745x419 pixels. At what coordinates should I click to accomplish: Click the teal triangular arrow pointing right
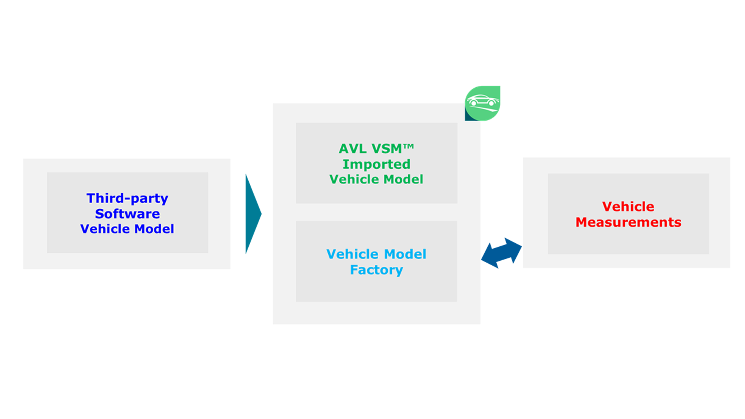pos(253,214)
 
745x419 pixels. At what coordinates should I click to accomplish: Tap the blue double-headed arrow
pos(501,253)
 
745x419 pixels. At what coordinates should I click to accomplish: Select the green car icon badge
pos(483,104)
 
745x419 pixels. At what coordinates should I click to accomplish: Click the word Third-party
pos(127,198)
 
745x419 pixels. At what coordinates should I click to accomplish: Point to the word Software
pos(127,214)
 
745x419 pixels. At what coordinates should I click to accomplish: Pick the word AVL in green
pos(352,149)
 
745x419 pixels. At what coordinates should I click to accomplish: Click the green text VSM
pos(386,149)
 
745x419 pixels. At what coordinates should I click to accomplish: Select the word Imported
pos(376,164)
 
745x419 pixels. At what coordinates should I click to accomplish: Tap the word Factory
pos(376,270)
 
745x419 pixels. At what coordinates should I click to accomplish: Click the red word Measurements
pos(628,222)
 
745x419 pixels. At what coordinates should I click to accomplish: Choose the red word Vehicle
pos(628,206)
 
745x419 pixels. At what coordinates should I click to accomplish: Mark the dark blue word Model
pos(154,229)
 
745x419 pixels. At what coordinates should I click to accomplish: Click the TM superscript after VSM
pos(409,146)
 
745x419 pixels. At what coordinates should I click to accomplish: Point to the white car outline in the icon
pos(483,101)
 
